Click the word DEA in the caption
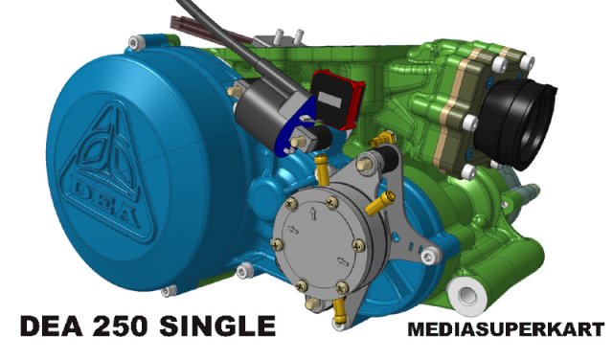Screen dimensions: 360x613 coord(56,326)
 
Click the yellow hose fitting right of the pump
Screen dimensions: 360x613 coord(385,200)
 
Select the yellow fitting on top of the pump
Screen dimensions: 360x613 coord(376,146)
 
